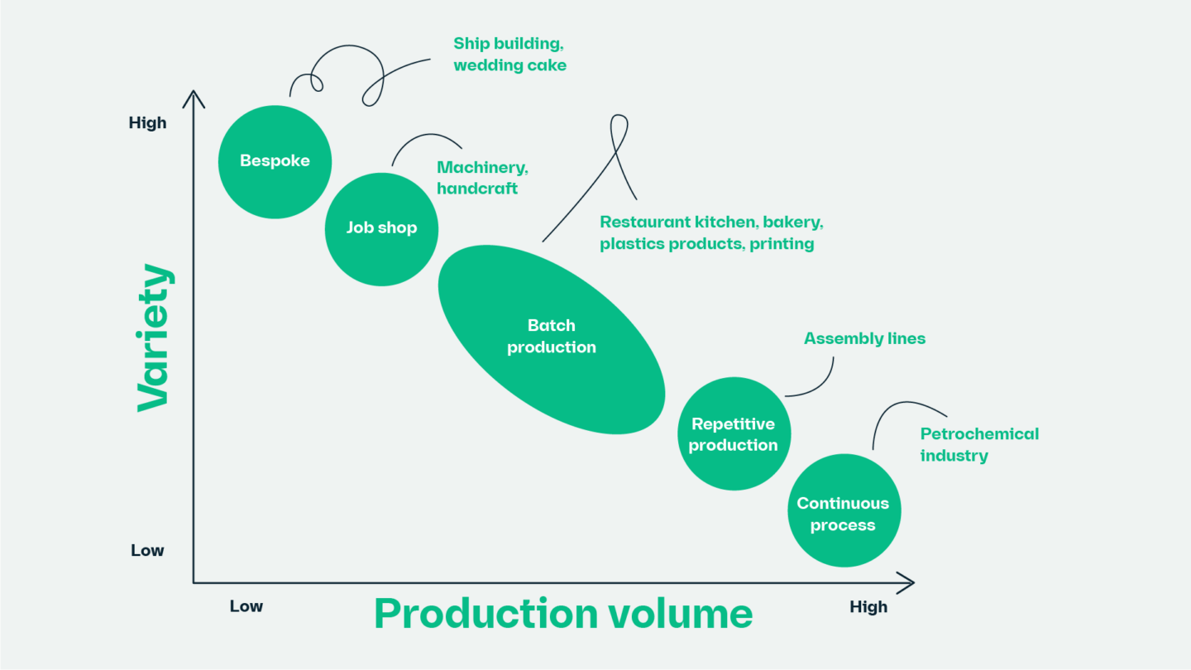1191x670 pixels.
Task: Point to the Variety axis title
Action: [154, 337]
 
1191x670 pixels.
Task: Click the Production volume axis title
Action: [563, 614]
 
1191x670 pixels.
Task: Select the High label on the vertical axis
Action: [147, 123]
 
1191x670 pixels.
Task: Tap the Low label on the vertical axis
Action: [147, 551]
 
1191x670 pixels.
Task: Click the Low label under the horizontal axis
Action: [246, 606]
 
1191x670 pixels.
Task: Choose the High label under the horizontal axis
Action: [868, 607]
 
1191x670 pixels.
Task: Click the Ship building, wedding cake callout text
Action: [509, 54]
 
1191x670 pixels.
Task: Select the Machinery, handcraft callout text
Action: [482, 178]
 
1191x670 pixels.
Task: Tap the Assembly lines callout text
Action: [864, 338]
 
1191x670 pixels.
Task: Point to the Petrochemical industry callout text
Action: [978, 444]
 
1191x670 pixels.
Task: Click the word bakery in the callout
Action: [792, 223]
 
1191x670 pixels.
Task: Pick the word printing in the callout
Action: [782, 244]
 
